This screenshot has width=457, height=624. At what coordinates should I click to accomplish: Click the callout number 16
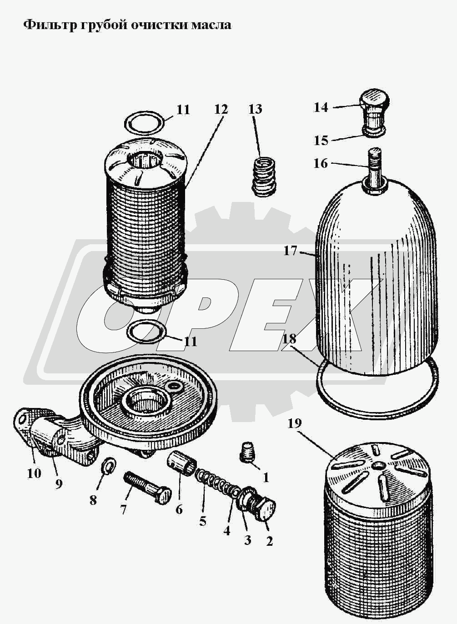tap(321, 163)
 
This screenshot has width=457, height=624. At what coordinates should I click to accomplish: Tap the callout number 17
tap(291, 251)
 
